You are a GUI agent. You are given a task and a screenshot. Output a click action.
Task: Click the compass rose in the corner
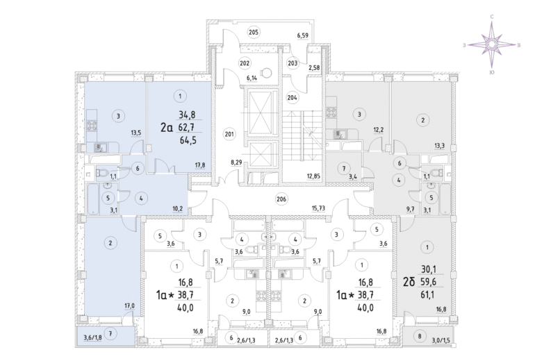coord(491,44)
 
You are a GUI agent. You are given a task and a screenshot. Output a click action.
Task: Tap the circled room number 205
coord(253,33)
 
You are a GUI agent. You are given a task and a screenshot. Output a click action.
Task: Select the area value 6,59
coord(303,35)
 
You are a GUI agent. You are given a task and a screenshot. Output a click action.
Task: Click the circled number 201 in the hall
coord(229,134)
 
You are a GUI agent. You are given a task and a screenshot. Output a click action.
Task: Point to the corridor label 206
coord(281,199)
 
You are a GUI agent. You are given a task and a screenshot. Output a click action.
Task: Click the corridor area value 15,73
coord(318,208)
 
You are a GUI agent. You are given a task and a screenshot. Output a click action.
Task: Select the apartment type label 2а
coord(167,128)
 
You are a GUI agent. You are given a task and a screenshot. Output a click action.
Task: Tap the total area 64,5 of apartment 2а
coord(188,140)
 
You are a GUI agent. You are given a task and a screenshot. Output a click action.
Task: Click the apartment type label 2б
coord(409,282)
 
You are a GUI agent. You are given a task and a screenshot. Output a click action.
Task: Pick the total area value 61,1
coord(427,294)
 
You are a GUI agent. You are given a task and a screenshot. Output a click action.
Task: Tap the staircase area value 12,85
coord(313,176)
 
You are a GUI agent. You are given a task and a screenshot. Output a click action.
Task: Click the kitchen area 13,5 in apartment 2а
coord(135,133)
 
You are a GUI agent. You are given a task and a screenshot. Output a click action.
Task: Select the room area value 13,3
coord(439,146)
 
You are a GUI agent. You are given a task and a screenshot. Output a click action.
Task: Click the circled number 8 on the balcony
coord(420,337)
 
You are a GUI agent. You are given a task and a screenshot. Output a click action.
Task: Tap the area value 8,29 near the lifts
coord(236,162)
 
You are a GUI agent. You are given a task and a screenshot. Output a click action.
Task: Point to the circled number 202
coord(245,63)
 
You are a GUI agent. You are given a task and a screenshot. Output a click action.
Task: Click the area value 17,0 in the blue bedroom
coord(129,306)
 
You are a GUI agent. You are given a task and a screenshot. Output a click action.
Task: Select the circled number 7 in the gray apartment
coord(344,169)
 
